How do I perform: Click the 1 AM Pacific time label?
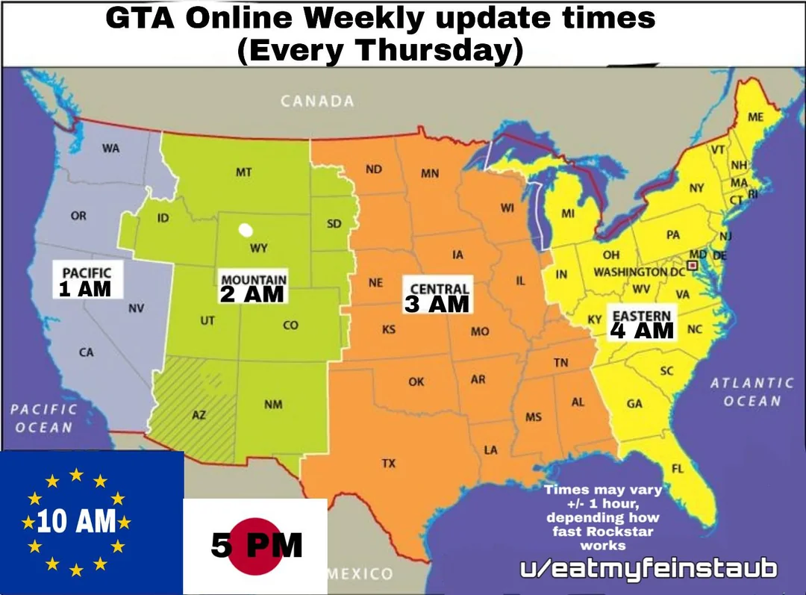(x=84, y=290)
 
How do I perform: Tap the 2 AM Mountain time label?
(x=252, y=293)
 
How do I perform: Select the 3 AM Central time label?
(x=437, y=303)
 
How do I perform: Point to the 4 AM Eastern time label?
(x=642, y=329)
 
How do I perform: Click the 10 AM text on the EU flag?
(x=76, y=522)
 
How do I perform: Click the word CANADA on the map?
(x=317, y=102)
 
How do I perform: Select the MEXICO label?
(x=360, y=574)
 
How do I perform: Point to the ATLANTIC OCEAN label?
(x=752, y=392)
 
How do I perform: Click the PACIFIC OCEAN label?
(x=44, y=418)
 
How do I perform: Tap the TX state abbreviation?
(x=388, y=464)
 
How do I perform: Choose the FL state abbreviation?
(x=678, y=469)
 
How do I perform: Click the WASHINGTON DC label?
(x=639, y=272)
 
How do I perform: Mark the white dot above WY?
(x=244, y=230)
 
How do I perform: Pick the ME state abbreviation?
(x=755, y=118)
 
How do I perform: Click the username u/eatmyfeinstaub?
(x=648, y=569)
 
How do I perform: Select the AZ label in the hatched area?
(x=199, y=415)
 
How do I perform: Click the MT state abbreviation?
(x=243, y=172)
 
